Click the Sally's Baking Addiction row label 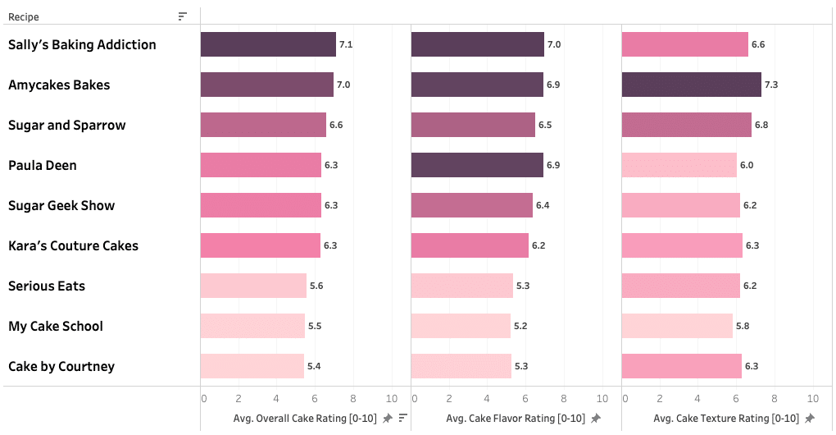point(82,44)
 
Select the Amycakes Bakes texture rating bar point(691,85)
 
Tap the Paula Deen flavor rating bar point(477,165)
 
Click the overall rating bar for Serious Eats point(253,286)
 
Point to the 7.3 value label point(771,85)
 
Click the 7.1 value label point(346,45)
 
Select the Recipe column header point(24,16)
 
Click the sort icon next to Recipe point(183,16)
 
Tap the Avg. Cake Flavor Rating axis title point(516,419)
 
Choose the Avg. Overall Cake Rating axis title point(305,419)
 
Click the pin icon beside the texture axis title point(810,419)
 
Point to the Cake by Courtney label point(61,366)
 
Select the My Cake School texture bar point(677,326)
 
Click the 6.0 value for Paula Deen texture point(747,166)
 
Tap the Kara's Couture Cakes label point(73,245)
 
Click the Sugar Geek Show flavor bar point(471,205)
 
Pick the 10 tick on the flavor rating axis point(602,399)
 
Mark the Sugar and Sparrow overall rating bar point(263,125)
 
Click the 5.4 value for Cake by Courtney point(313,366)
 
